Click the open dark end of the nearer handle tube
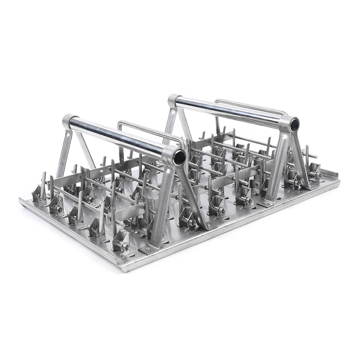[179, 157]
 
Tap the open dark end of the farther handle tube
[294, 125]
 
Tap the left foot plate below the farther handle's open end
[266, 203]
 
